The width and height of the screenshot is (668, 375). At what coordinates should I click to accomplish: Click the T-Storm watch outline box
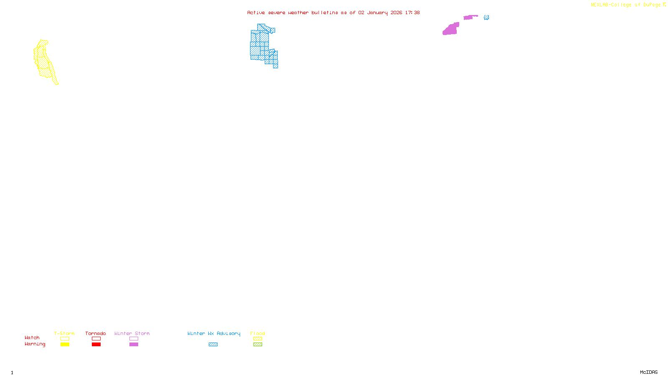[x=65, y=339]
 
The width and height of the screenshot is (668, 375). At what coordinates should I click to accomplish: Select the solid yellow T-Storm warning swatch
[x=65, y=345]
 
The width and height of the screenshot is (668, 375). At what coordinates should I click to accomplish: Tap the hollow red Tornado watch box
[x=96, y=339]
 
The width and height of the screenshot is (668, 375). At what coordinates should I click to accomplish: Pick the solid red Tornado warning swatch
[x=96, y=345]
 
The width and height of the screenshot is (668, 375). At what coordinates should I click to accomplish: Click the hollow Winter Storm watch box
[x=134, y=339]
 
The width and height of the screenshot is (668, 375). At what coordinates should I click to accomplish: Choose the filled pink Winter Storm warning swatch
[x=134, y=345]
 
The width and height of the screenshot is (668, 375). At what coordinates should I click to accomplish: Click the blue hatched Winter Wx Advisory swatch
[x=213, y=345]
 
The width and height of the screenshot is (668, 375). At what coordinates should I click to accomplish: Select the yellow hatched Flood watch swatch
[x=258, y=339]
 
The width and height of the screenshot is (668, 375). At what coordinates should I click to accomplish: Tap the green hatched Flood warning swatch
[x=258, y=345]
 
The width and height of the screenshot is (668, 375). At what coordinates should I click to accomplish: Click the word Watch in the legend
[x=32, y=337]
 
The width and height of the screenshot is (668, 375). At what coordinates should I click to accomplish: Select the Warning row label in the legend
[x=35, y=344]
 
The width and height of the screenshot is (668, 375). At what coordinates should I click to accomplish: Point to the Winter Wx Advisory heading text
[x=214, y=333]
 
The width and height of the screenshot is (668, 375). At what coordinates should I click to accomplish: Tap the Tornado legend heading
[x=96, y=333]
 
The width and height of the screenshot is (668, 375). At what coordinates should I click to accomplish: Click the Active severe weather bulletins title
[x=333, y=12]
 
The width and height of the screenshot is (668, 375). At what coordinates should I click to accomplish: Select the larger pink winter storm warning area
[x=450, y=29]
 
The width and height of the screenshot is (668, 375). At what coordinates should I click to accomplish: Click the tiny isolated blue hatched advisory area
[x=486, y=17]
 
